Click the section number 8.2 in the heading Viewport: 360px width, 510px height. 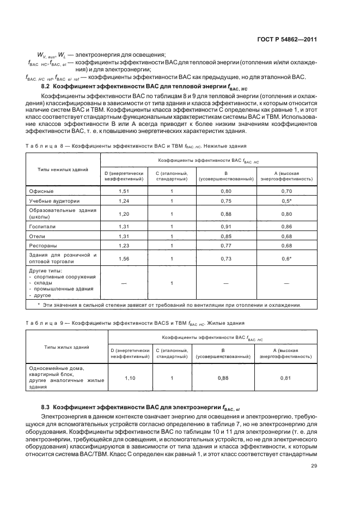[x=46, y=86]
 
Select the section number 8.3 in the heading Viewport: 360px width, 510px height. [x=46, y=406]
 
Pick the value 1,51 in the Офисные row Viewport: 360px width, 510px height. [x=124, y=191]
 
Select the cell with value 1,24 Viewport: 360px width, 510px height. [x=124, y=201]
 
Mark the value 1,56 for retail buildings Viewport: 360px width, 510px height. [x=124, y=258]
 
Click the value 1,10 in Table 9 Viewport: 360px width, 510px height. [x=130, y=378]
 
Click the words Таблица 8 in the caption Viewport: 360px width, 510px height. [x=41, y=146]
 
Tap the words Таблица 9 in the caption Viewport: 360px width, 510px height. [x=41, y=323]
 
